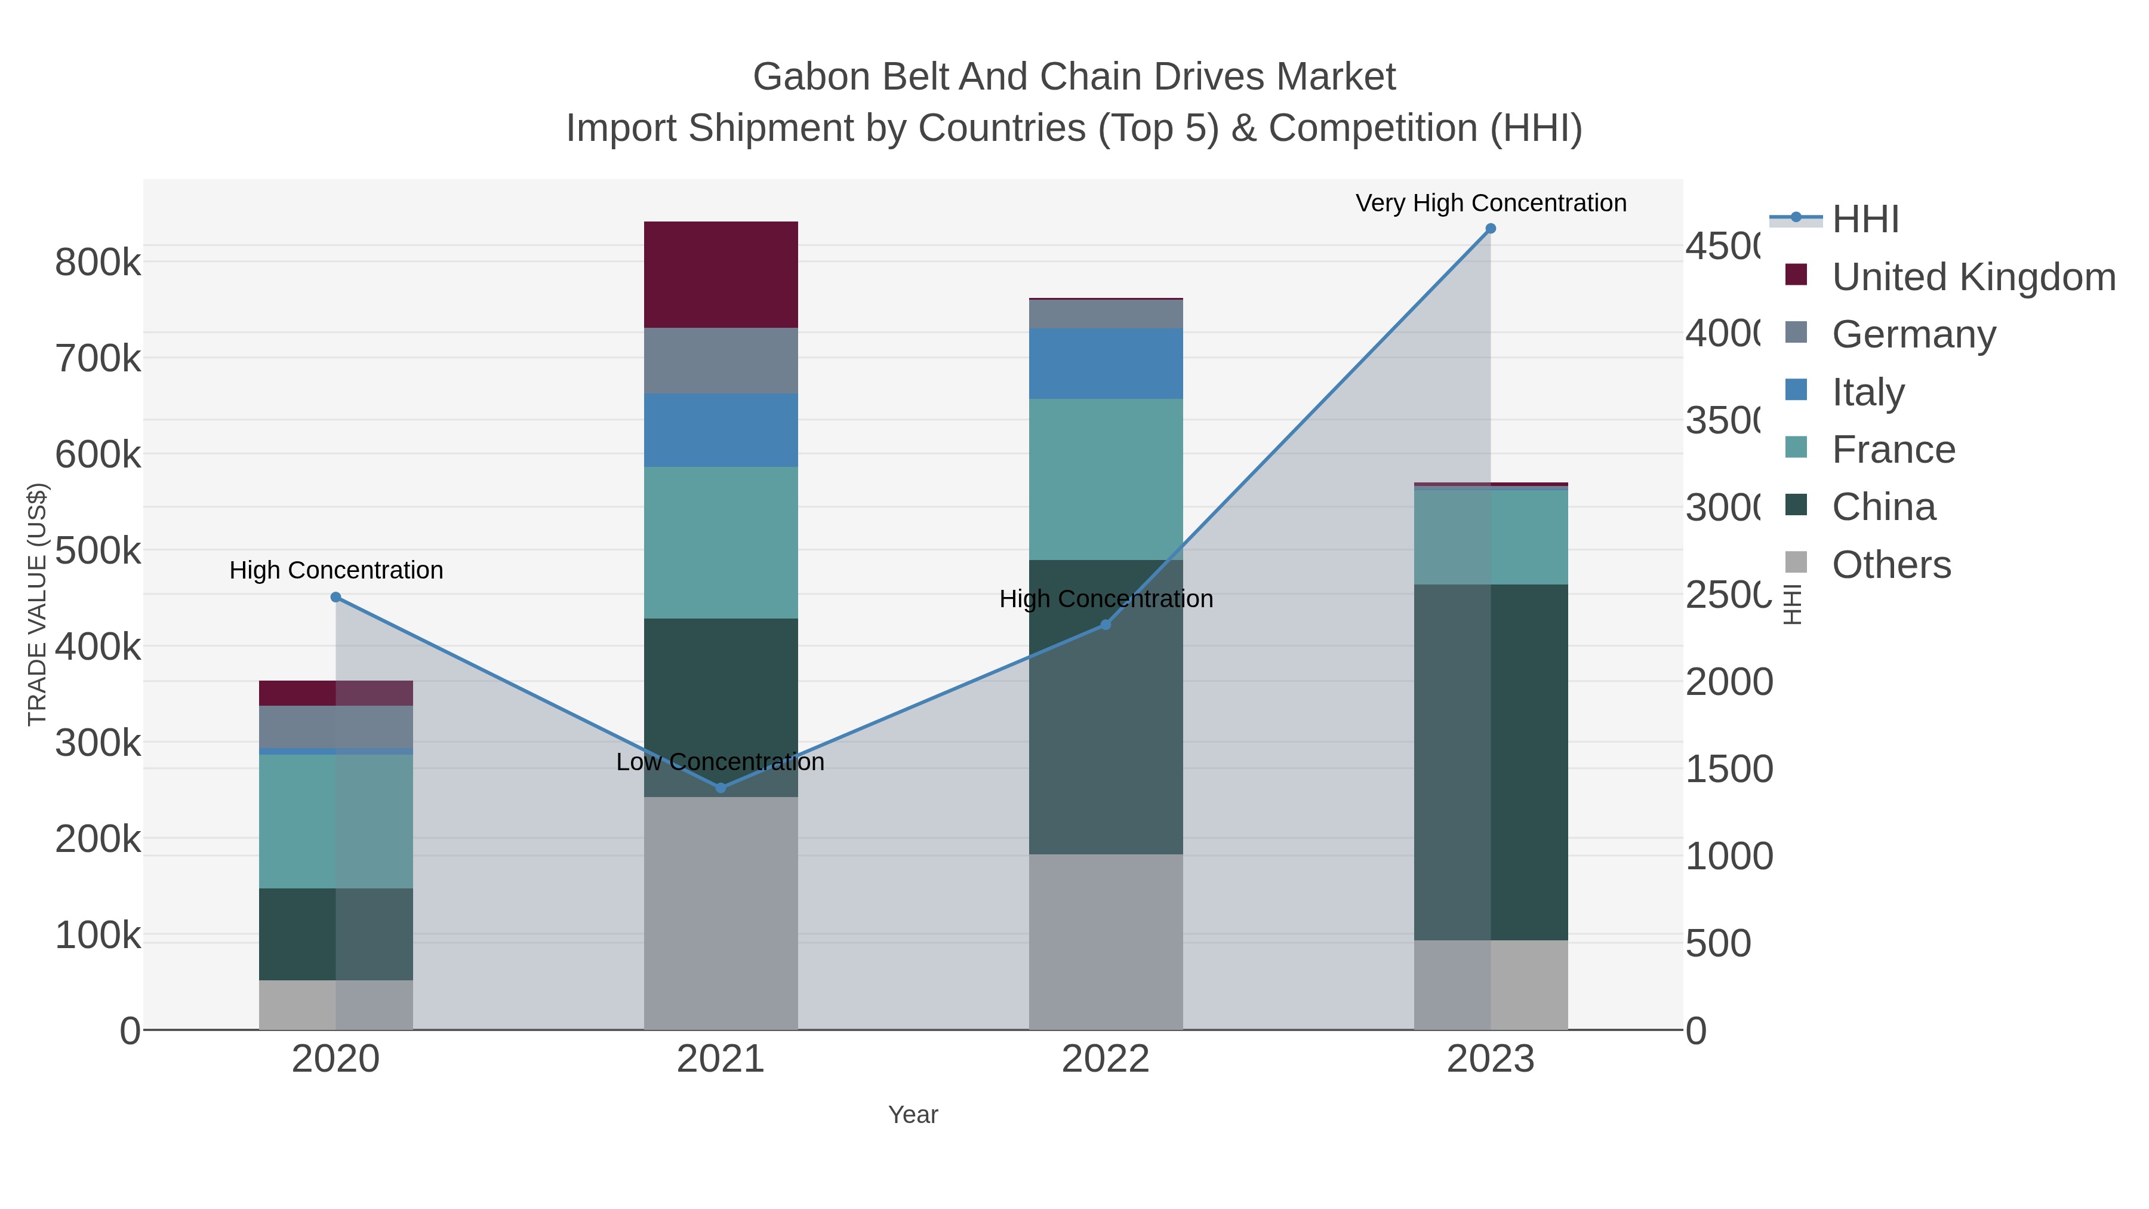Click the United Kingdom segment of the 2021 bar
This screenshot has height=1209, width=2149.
click(x=721, y=275)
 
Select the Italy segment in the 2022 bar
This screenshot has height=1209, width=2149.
click(x=1106, y=363)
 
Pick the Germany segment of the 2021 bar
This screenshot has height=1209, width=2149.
click(x=721, y=361)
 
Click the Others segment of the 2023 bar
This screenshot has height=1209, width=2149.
click(x=1491, y=985)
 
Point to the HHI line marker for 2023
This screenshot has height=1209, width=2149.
click(x=1491, y=229)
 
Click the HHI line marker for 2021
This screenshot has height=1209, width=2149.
click(x=721, y=787)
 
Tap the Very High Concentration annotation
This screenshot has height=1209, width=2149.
click(x=1491, y=203)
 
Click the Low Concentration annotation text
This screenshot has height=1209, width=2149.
click(x=721, y=762)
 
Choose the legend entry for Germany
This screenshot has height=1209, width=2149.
click(x=1914, y=334)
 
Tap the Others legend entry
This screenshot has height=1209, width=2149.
click(x=1891, y=565)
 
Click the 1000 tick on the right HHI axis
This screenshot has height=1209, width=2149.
click(x=1729, y=857)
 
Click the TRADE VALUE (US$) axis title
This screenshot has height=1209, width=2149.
click(x=38, y=604)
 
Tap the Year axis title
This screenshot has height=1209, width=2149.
click(x=913, y=1115)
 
